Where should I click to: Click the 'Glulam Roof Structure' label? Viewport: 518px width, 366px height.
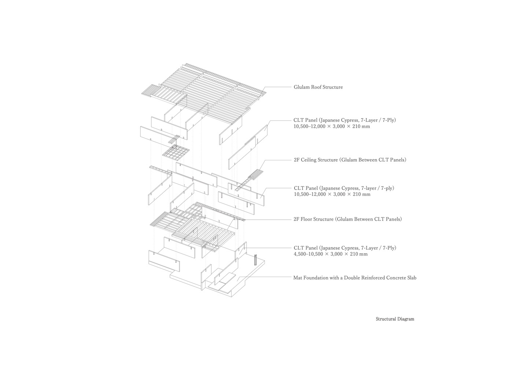point(318,87)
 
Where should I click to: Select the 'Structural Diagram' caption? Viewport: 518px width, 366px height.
point(395,319)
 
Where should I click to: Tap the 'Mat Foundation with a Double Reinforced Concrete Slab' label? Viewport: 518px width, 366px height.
point(355,278)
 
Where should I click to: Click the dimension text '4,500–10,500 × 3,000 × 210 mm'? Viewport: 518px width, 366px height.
point(331,254)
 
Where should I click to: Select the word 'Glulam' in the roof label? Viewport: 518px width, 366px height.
point(301,87)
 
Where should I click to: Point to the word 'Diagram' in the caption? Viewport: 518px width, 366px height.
point(406,319)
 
